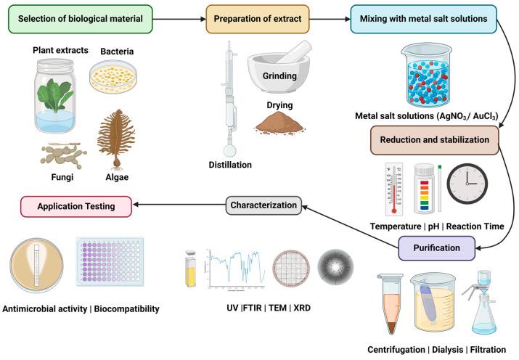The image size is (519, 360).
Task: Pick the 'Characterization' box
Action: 262,205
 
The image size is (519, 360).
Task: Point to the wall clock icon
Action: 467,184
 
